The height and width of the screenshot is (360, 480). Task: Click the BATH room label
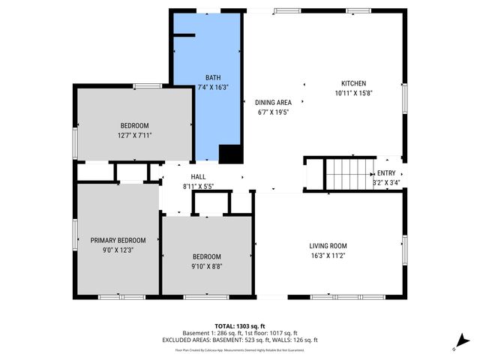pos(212,77)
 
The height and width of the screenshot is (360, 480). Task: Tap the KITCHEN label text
pos(353,83)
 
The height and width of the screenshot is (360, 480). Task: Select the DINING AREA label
pos(273,103)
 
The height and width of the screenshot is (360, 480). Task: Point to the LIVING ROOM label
pos(328,245)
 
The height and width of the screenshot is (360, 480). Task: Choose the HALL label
pos(198,176)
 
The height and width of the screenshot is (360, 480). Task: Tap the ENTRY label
pos(386,172)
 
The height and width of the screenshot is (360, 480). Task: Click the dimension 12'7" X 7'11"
pos(135,135)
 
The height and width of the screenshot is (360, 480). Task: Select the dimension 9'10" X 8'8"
pos(206,265)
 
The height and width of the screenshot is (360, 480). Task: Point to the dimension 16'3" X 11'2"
pos(328,255)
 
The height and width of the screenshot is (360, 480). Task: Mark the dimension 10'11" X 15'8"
pos(353,93)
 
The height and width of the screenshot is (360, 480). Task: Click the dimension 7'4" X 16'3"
pos(212,87)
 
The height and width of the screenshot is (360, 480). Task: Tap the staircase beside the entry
pos(349,173)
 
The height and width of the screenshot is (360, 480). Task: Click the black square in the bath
pos(229,153)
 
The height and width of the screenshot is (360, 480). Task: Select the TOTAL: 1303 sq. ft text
pos(240,326)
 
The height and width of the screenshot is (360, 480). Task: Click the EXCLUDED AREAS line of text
pos(240,340)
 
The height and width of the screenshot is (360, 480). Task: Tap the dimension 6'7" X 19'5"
pos(273,112)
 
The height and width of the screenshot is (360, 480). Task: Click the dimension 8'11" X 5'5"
pos(198,186)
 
